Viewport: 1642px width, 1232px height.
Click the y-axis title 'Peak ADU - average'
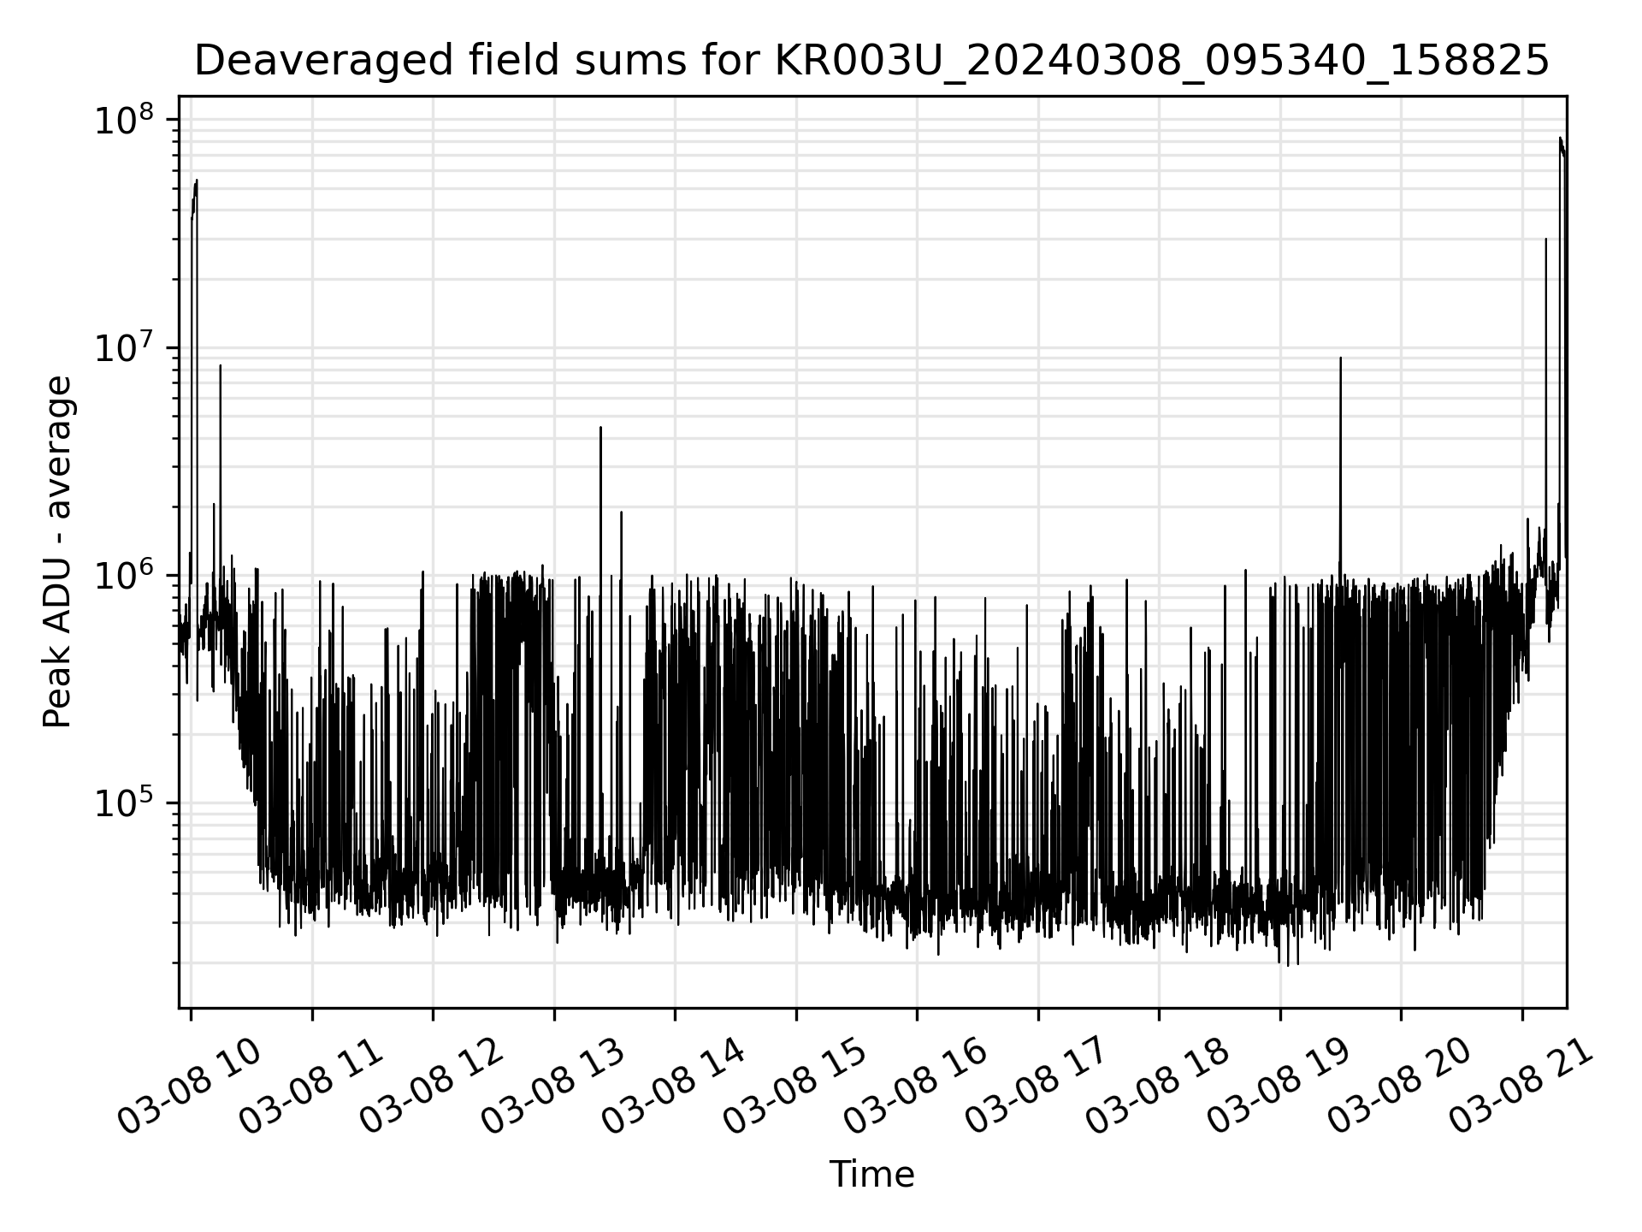[x=57, y=553]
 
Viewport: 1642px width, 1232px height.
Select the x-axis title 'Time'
[x=871, y=1175]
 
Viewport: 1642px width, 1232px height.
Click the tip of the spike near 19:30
[x=1340, y=358]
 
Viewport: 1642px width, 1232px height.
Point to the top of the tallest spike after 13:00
[x=600, y=427]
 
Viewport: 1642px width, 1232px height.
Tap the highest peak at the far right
[x=1560, y=139]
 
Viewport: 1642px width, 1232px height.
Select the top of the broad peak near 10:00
[x=197, y=181]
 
